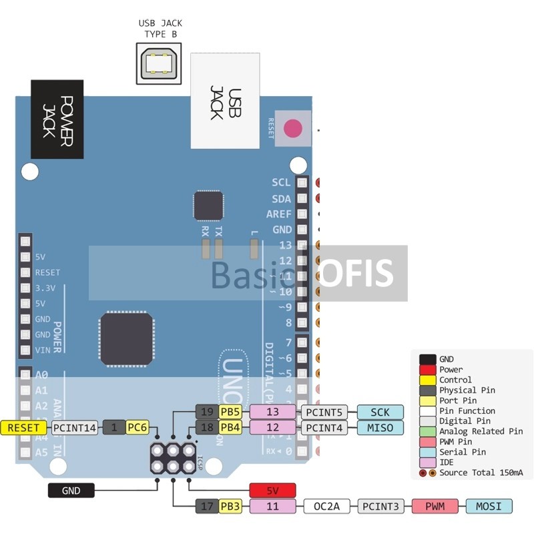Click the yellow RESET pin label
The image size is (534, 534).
(x=24, y=427)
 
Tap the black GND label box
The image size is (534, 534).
(x=71, y=491)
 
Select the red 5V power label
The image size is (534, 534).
(x=272, y=491)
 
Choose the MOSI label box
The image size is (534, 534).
(x=489, y=507)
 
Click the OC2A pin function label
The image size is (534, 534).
(x=327, y=507)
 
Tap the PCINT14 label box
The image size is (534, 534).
(x=73, y=427)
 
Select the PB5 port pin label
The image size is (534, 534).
(x=230, y=412)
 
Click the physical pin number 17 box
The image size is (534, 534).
(x=206, y=507)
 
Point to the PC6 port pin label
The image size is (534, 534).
(x=137, y=427)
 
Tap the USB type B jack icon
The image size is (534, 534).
(x=160, y=63)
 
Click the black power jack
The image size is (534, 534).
(x=57, y=119)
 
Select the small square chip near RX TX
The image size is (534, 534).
(x=208, y=205)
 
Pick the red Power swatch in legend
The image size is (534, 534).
(x=428, y=369)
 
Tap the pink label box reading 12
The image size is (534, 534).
(x=272, y=427)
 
